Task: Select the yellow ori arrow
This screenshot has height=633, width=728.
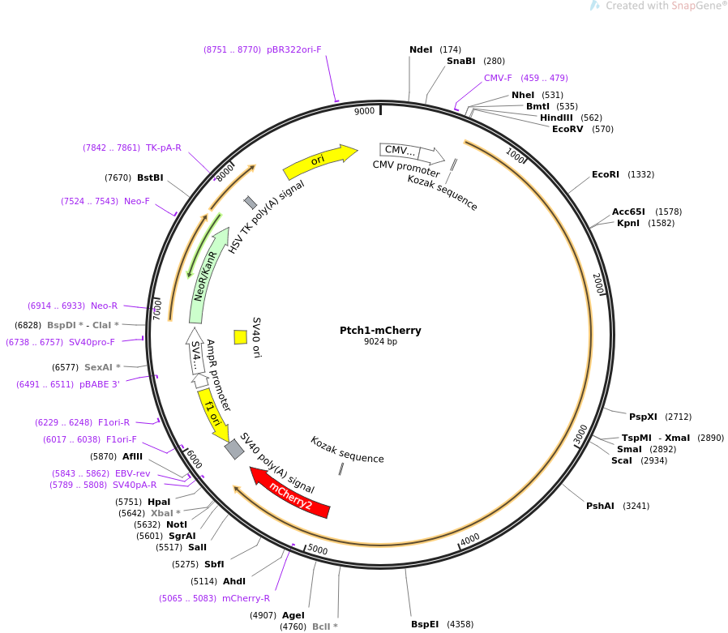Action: pos(319,160)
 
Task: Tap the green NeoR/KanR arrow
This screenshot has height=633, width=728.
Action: pos(208,275)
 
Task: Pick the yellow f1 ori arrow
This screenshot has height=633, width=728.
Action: pos(213,414)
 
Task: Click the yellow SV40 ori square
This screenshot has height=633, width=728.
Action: pos(241,337)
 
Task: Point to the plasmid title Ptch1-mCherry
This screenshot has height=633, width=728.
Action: pos(380,331)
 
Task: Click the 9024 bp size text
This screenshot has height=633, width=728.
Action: pos(380,341)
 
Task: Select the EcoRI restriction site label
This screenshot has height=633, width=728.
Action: pos(605,174)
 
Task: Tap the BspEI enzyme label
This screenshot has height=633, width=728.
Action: pos(424,624)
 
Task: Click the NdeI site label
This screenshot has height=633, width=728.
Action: pos(421,49)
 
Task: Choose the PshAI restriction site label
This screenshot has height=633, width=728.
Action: pos(600,506)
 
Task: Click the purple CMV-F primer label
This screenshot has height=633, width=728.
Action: pos(498,78)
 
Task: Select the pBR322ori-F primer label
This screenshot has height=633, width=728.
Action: pos(294,49)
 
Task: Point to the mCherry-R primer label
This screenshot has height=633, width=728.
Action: pos(246,598)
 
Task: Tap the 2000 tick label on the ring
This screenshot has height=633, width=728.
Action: pos(598,283)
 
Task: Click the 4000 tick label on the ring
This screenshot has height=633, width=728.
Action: pos(470,540)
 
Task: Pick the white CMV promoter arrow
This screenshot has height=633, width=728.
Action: pos(412,152)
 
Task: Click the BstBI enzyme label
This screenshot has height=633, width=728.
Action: pos(150,177)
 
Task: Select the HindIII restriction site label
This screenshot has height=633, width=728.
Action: pos(556,118)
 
